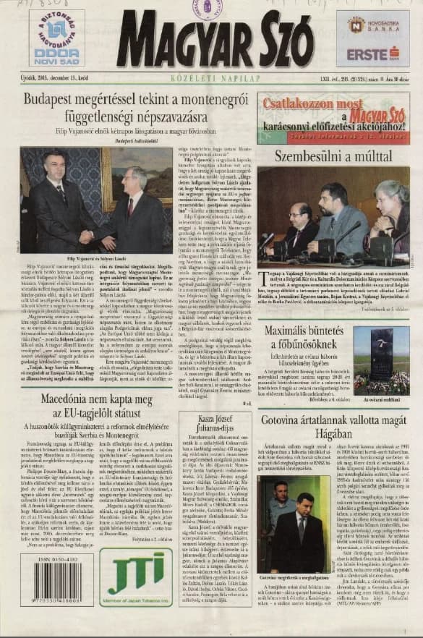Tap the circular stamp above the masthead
208,9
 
